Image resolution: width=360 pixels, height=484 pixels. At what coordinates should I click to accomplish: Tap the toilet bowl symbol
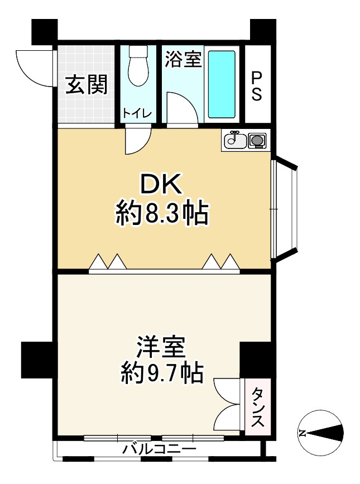coord(137,66)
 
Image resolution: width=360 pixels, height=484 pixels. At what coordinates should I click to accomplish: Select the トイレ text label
coord(137,113)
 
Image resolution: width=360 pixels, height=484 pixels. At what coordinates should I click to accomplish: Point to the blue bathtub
coord(222,84)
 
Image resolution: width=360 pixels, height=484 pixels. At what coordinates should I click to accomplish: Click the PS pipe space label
coord(257,86)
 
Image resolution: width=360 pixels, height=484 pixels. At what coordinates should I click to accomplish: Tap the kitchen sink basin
coord(234,141)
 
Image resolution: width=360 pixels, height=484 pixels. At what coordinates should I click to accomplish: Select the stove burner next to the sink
coord(257,140)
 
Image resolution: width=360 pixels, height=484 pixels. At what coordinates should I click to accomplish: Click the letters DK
coord(161,185)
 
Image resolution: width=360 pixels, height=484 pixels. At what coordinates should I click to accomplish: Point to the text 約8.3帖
coord(162,213)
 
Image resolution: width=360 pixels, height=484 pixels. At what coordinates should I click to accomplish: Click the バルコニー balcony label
coord(159,449)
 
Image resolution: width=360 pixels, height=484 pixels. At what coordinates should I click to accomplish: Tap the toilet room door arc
coord(137,140)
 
